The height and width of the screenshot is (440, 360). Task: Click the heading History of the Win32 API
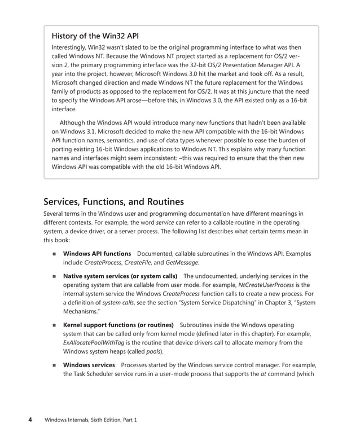95,36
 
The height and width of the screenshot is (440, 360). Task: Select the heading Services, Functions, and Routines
113,201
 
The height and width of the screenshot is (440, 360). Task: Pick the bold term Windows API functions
96,254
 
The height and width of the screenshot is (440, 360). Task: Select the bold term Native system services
99,276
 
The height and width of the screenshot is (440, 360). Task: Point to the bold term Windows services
89,365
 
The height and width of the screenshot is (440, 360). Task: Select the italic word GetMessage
182,263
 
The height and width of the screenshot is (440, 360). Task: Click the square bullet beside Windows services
55,366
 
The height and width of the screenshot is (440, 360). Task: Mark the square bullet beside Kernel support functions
55,326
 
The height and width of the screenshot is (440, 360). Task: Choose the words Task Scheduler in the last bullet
97,374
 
